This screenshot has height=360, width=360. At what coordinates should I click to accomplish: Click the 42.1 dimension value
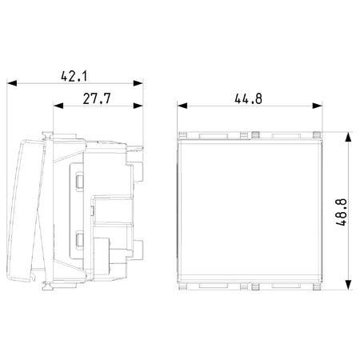(x=74, y=76)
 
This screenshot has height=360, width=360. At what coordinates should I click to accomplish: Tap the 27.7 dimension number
(x=97, y=98)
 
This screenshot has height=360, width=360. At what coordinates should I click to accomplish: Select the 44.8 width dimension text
(x=249, y=98)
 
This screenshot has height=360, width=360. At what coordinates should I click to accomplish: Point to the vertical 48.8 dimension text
(x=342, y=212)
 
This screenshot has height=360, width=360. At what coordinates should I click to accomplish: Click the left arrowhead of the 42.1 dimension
(x=12, y=83)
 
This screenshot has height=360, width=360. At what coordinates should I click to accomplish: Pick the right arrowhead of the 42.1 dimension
(x=138, y=83)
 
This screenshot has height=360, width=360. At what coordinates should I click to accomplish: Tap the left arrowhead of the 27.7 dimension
(x=58, y=106)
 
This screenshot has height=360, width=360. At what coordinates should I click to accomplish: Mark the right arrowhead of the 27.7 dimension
(x=138, y=106)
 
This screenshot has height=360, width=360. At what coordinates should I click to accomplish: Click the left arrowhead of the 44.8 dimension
(x=182, y=106)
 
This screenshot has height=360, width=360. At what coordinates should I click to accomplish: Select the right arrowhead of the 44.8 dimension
(x=318, y=106)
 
